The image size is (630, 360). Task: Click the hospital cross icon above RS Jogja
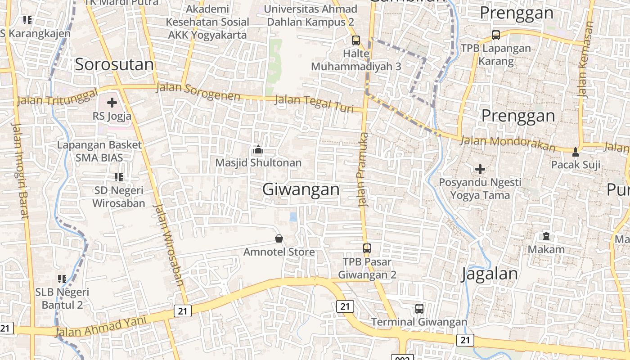coord(112,103)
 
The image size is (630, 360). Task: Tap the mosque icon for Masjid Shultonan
coord(258,149)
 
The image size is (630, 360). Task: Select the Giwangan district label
coord(301,189)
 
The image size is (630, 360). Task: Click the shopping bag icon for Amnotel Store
coord(279,238)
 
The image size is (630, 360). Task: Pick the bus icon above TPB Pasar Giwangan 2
coord(367,248)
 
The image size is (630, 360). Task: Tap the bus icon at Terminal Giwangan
coord(419,309)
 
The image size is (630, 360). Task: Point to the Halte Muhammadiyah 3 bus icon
coord(356,40)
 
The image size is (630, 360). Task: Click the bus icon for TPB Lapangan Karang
coord(496,35)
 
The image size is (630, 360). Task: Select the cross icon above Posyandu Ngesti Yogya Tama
coord(480,169)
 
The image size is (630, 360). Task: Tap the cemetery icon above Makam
coord(546,236)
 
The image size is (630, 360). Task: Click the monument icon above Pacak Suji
coord(576,152)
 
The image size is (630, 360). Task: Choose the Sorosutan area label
coord(114,65)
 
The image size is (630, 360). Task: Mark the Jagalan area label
coord(489,274)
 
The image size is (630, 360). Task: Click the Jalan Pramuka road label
coord(363,170)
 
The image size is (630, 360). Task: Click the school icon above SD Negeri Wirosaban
coord(119,177)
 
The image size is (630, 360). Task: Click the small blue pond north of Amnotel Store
coord(293,217)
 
